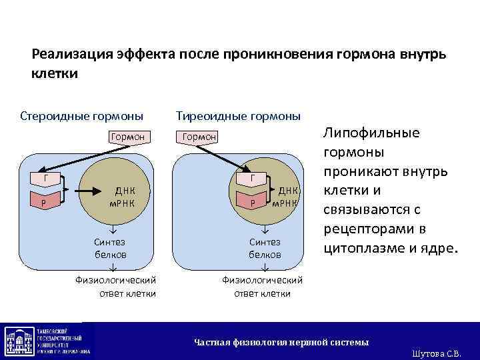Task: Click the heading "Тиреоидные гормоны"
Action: click(x=238, y=116)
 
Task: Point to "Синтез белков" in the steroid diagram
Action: click(x=109, y=248)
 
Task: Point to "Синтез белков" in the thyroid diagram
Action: click(x=265, y=248)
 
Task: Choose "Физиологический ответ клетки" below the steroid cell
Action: click(x=115, y=286)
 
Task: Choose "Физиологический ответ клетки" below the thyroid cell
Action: click(x=262, y=286)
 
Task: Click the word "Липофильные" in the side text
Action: click(x=371, y=132)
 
